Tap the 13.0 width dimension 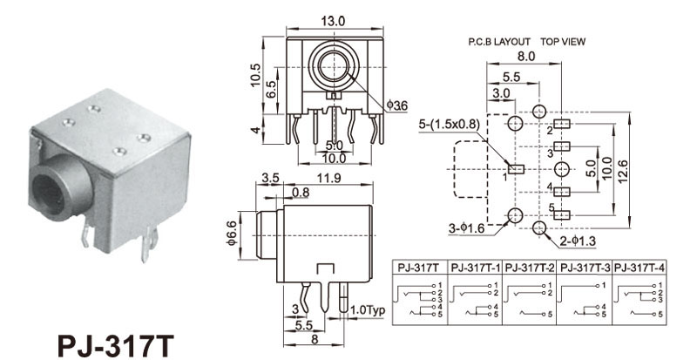tap(335, 20)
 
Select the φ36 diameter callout tap(396, 105)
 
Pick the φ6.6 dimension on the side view tap(231, 234)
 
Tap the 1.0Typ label tap(365, 310)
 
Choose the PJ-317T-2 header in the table tap(530, 268)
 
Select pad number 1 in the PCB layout tap(515, 168)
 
